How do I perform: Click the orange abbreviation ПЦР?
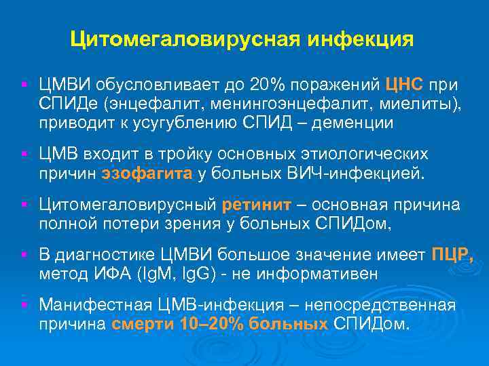tap(452, 255)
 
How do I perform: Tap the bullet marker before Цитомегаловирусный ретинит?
tap(24, 205)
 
